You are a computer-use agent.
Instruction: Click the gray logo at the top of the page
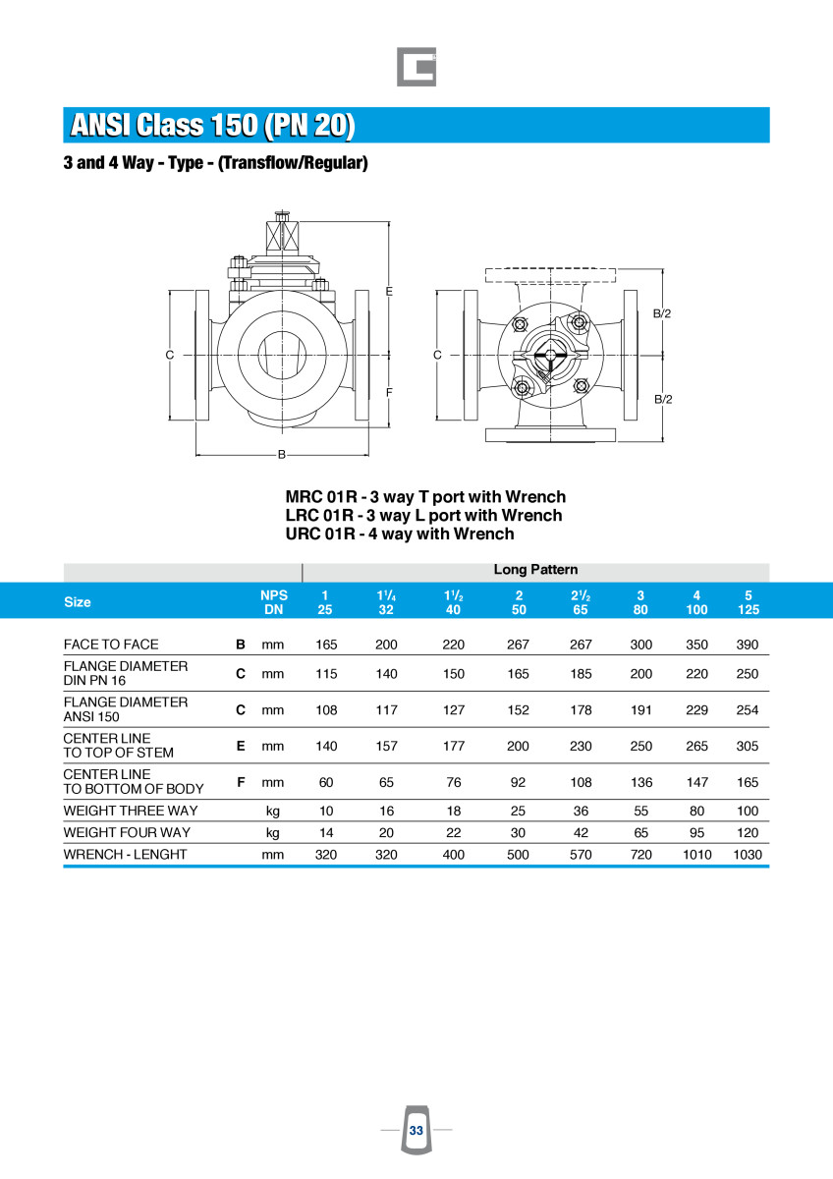[416, 67]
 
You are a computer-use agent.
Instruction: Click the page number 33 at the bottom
[416, 1130]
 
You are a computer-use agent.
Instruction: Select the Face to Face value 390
[748, 645]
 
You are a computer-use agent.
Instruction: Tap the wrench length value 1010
[696, 854]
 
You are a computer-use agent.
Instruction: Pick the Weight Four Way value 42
[581, 833]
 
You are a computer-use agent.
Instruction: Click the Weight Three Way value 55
[640, 811]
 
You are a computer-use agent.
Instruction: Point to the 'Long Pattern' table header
[535, 570]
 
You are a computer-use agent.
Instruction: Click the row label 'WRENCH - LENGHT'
[125, 854]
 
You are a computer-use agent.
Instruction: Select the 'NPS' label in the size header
[274, 595]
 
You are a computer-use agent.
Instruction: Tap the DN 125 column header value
[749, 609]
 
